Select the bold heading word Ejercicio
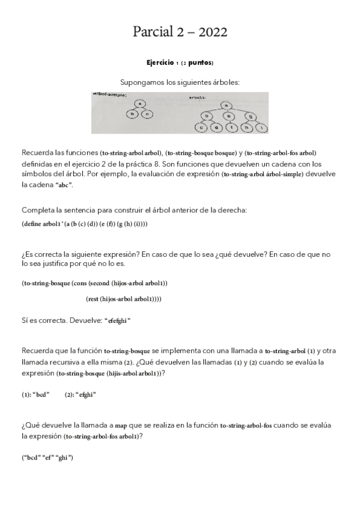161,63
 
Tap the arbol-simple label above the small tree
109,95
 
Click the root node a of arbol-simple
139,103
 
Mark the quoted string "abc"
63,185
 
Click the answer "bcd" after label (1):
41,395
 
